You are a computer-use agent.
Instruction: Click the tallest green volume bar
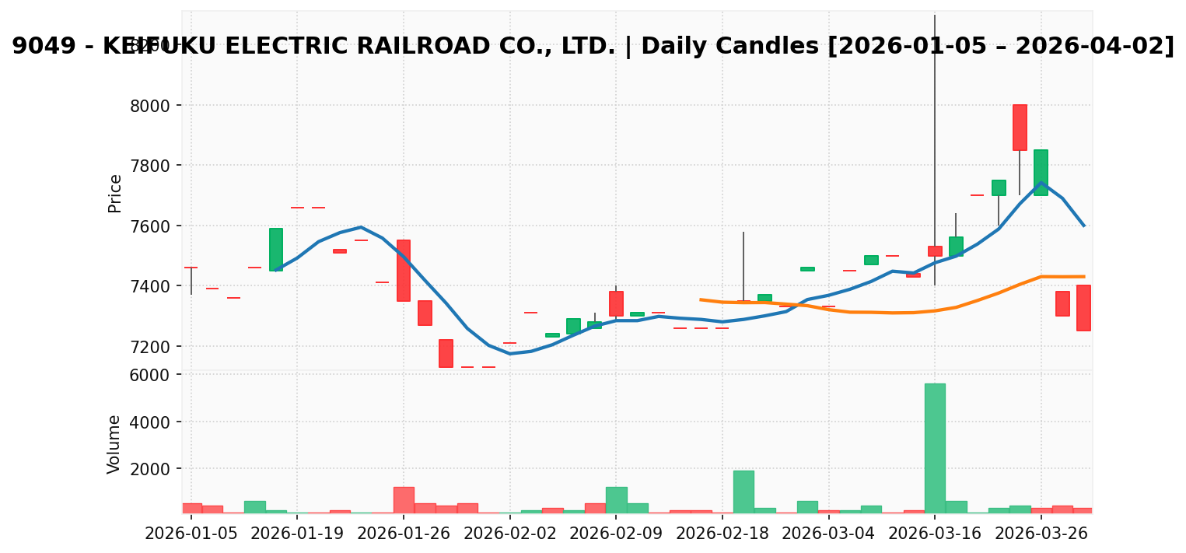pyautogui.click(x=935, y=447)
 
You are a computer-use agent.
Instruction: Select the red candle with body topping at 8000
pyautogui.click(x=1020, y=128)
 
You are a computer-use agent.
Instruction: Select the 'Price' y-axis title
pyautogui.click(x=115, y=193)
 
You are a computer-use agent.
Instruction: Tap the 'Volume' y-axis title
pyautogui.click(x=115, y=444)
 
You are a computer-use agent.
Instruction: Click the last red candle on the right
pyautogui.click(x=1083, y=308)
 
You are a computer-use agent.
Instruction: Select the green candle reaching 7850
pyautogui.click(x=1041, y=172)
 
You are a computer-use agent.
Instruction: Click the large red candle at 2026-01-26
pyautogui.click(x=404, y=270)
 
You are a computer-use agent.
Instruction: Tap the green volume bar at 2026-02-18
pyautogui.click(x=743, y=491)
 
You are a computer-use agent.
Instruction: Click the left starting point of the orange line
pyautogui.click(x=701, y=299)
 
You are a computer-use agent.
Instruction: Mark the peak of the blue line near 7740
pyautogui.click(x=1041, y=183)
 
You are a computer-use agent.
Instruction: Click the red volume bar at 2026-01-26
pyautogui.click(x=404, y=499)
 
